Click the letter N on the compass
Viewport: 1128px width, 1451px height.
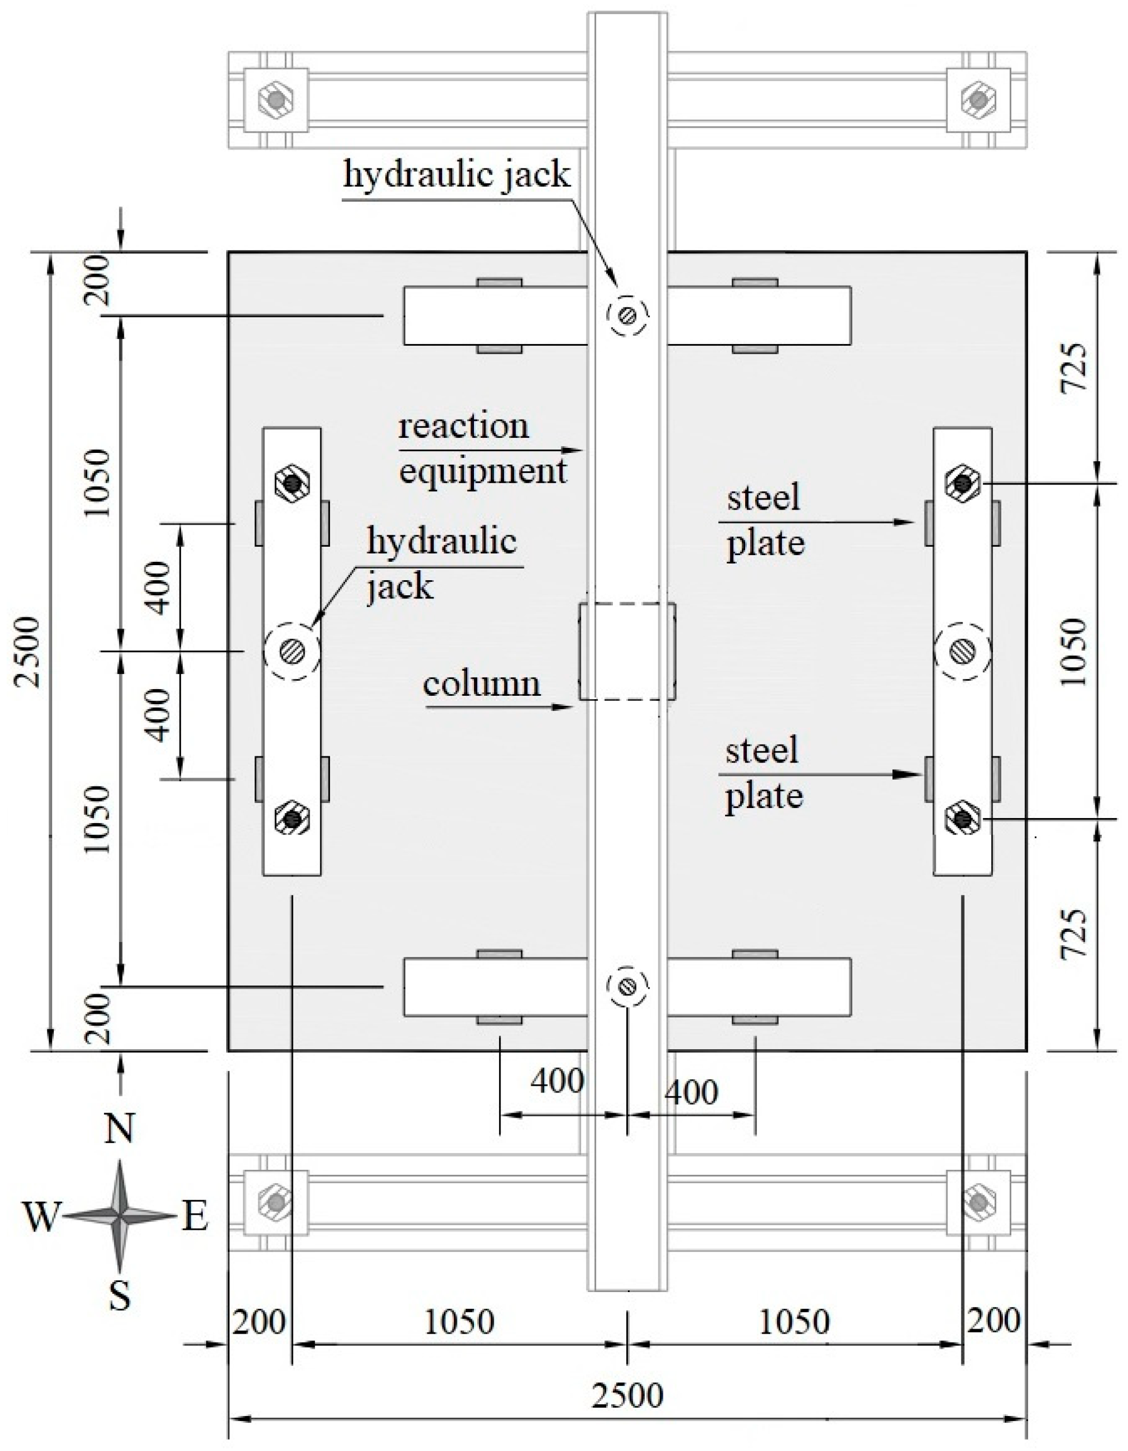(119, 1128)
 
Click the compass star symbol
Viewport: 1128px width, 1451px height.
(119, 1216)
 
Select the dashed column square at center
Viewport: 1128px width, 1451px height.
(627, 651)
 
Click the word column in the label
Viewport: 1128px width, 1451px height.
(482, 684)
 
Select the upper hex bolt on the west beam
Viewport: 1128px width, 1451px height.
(292, 485)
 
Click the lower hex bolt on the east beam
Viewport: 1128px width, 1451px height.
(962, 819)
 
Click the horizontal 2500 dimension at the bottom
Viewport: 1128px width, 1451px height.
(627, 1395)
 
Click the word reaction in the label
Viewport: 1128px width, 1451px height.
(463, 426)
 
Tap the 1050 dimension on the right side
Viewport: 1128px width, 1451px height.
(1074, 651)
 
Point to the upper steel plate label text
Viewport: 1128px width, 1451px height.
(765, 520)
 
